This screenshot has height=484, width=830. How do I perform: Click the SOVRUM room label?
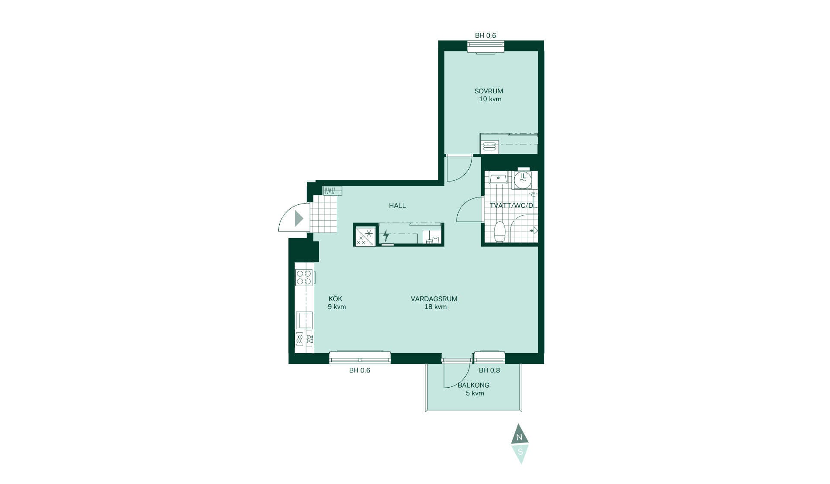[488, 91]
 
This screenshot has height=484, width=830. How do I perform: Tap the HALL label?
[397, 206]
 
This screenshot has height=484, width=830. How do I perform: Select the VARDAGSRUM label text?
[434, 299]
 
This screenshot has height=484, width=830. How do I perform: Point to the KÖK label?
[335, 299]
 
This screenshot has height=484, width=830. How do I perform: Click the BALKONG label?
[473, 385]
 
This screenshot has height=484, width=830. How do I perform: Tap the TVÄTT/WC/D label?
[511, 205]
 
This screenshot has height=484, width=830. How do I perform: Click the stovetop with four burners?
[304, 277]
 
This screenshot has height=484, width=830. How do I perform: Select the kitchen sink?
[304, 320]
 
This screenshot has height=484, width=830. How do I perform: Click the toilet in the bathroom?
[500, 232]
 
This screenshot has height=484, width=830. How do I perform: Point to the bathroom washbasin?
[498, 178]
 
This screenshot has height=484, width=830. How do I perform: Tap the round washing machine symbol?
[523, 180]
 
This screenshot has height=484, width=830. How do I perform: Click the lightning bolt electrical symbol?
[386, 236]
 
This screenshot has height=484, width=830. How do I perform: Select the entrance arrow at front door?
[299, 219]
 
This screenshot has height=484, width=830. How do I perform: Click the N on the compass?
[519, 437]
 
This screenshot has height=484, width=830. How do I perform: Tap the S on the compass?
[520, 452]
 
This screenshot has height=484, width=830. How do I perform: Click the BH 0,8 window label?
[489, 370]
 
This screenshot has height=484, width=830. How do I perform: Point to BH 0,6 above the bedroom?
[485, 35]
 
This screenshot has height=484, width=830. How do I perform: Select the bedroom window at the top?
[486, 46]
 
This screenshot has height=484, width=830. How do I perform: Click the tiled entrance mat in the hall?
[324, 214]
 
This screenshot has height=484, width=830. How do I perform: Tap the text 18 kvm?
[435, 307]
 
